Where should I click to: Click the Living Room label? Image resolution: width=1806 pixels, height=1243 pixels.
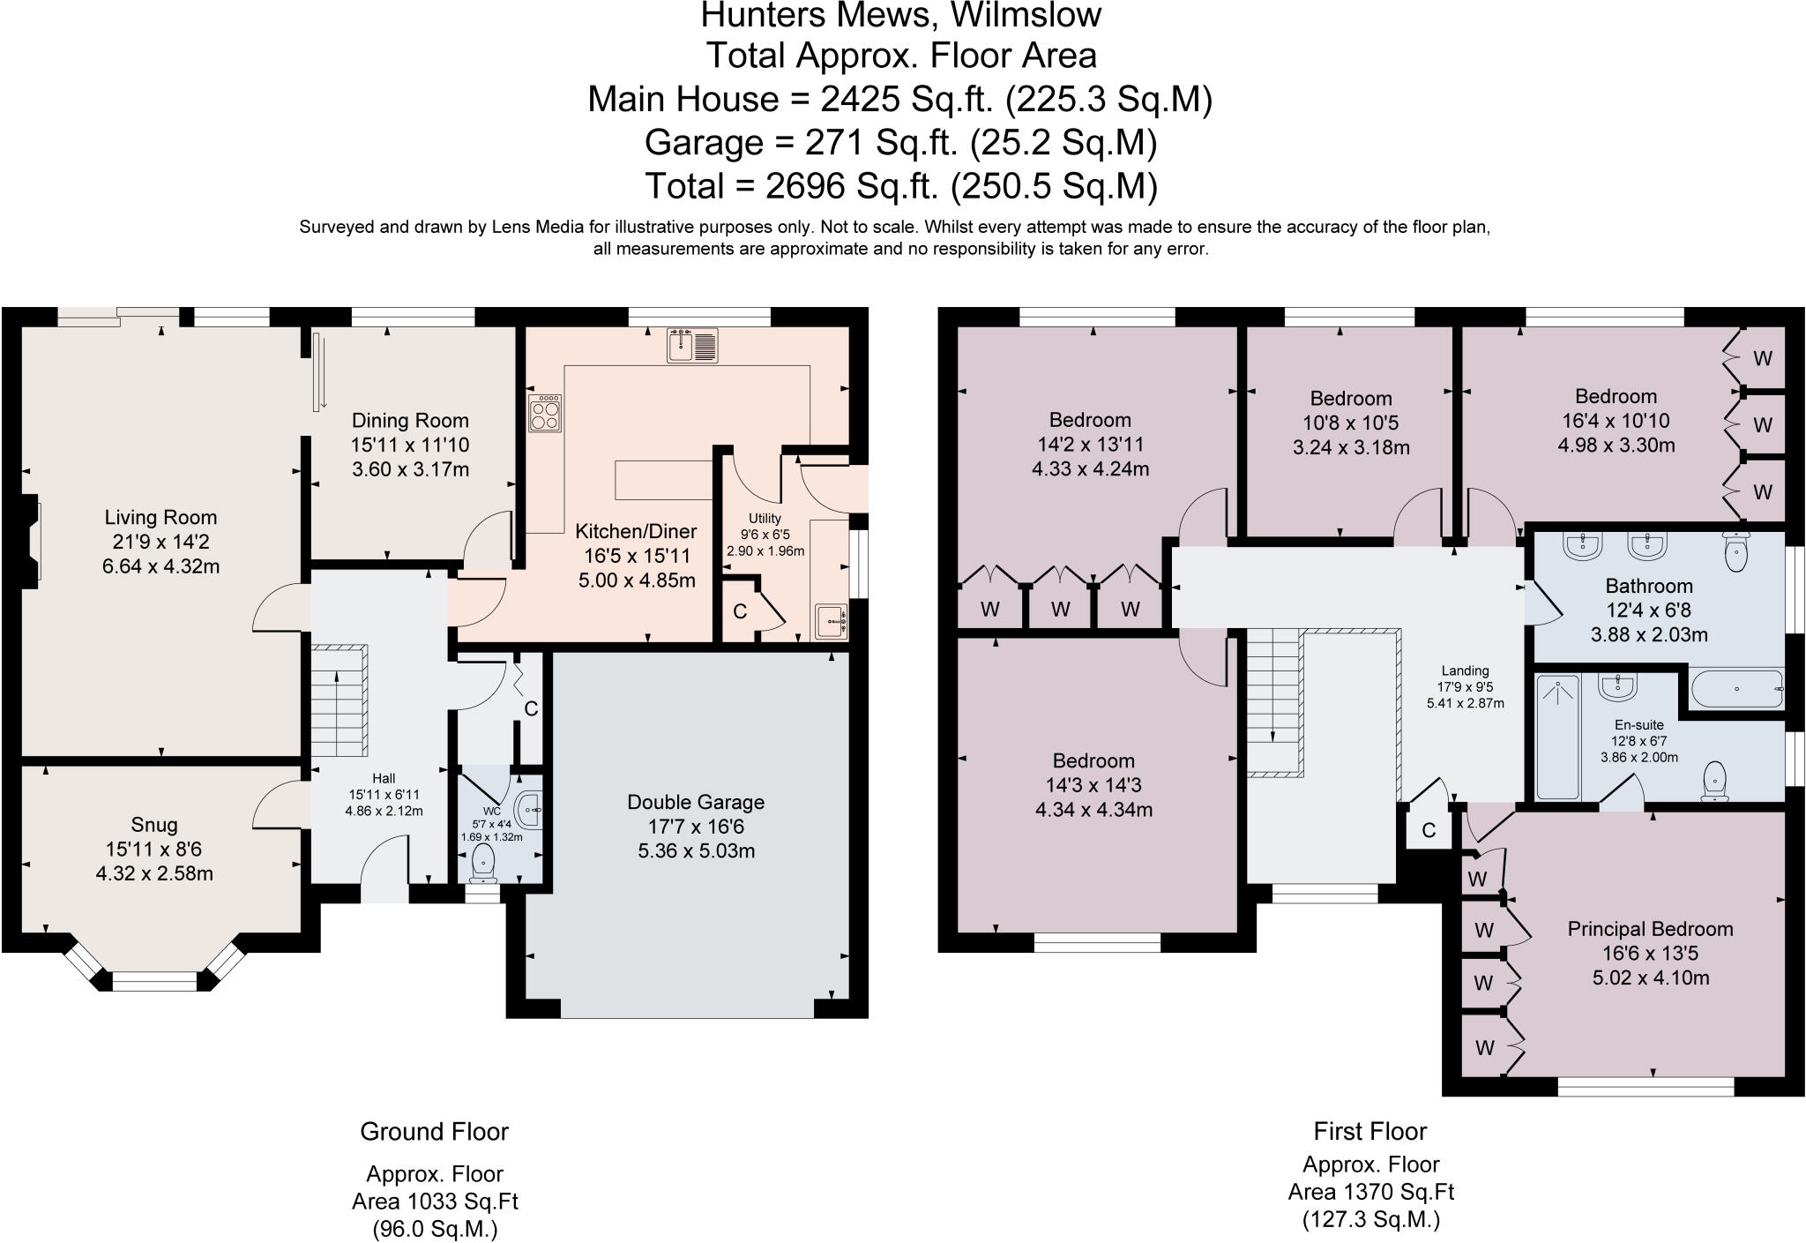click(160, 518)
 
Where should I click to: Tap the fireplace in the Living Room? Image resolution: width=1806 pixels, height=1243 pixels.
click(32, 541)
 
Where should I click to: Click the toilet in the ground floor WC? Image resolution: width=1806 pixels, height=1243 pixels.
click(484, 862)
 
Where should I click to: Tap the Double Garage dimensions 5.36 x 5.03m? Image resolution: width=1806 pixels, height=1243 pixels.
click(696, 851)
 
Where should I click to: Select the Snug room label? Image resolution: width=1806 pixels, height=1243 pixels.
click(154, 825)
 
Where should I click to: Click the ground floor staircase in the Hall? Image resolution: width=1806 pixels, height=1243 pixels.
click(339, 700)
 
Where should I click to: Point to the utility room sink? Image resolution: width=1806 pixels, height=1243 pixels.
click(830, 621)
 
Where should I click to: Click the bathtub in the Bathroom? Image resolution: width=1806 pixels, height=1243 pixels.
click(1735, 689)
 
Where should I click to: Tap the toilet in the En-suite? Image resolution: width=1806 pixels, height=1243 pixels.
click(1714, 780)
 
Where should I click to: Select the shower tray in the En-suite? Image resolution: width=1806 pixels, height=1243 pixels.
click(1557, 736)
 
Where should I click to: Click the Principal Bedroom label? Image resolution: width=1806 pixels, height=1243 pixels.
click(1650, 929)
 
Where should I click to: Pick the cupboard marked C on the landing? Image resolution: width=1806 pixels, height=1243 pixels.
click(1429, 830)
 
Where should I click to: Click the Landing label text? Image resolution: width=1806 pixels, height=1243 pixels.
click(1465, 670)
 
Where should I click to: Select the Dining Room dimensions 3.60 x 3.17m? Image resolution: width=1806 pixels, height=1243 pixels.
click(410, 469)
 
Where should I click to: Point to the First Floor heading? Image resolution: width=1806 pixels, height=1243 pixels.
click(1369, 1131)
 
